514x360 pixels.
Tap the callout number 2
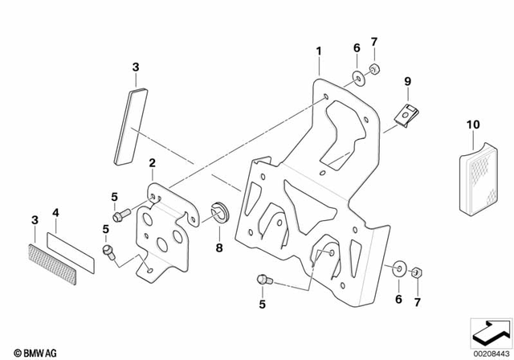point(151,165)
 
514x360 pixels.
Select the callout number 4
point(55,213)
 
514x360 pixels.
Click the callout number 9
point(407,81)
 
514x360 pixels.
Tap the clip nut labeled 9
point(407,114)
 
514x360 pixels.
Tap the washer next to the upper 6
point(356,77)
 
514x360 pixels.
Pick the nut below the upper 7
point(375,71)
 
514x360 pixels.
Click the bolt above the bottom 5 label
point(263,280)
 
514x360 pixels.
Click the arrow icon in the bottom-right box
point(489,330)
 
